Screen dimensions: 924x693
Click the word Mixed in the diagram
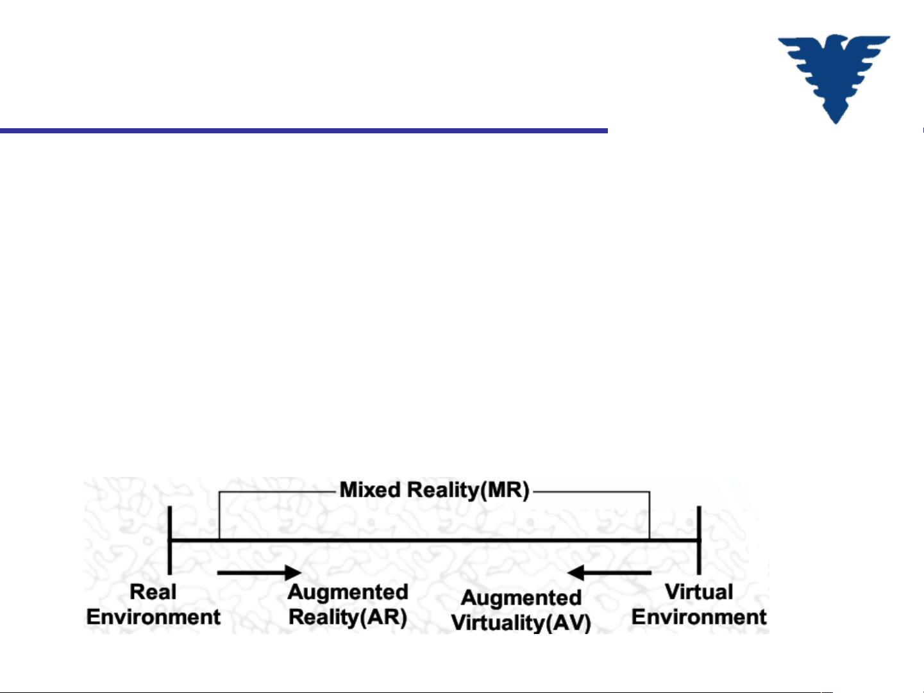370,490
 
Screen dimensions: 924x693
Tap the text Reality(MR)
468,490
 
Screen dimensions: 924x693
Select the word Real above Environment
153,592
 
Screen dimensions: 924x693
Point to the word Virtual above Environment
699,592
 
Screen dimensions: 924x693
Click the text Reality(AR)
348,618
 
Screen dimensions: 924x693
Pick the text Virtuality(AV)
521,623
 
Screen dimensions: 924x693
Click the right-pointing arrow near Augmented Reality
259,572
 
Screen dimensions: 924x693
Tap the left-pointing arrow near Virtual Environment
609,572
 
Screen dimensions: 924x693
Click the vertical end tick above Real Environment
170,540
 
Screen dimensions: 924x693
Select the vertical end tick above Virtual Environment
699,540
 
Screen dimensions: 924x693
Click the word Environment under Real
153,617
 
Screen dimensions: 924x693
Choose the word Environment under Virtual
699,617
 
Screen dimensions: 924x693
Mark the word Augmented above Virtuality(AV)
521,598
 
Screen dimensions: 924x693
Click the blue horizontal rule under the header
304,131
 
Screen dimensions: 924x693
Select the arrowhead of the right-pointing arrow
294,572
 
